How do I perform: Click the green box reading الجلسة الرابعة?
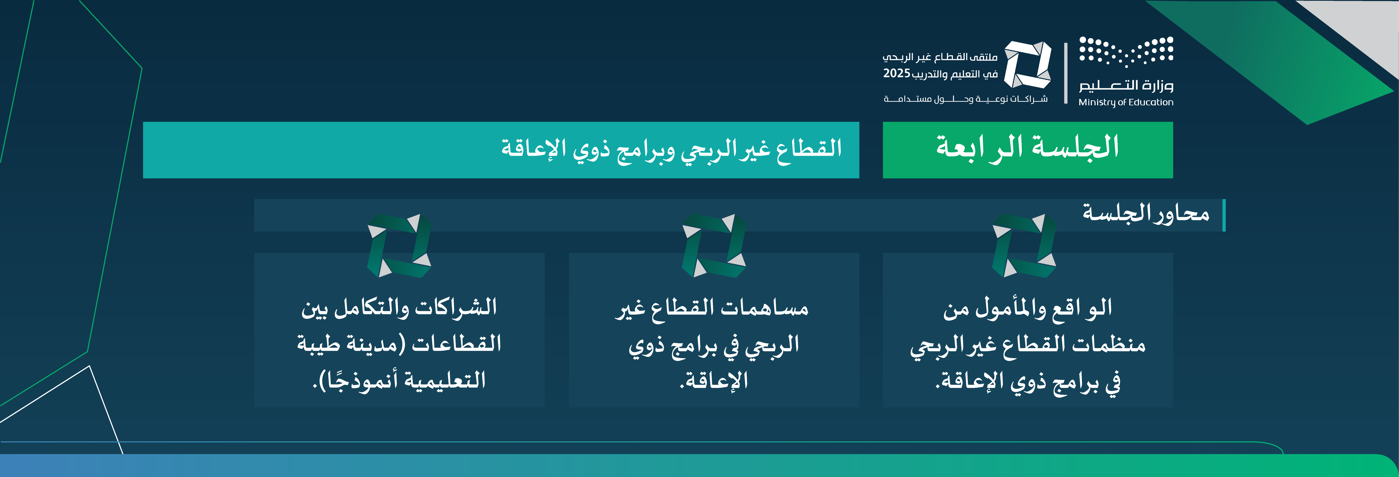click(x=1028, y=150)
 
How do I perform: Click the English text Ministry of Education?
click(x=1126, y=102)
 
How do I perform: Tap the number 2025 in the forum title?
click(x=897, y=73)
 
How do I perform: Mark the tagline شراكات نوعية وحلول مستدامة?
click(x=966, y=99)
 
